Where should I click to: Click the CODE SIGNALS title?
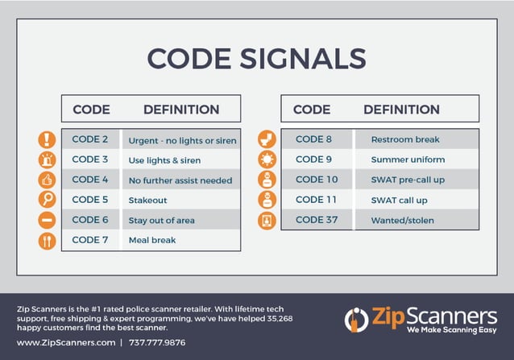click(x=256, y=58)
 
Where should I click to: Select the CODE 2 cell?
click(x=90, y=139)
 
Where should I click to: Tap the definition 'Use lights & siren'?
click(x=164, y=160)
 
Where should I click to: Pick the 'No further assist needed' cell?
click(x=180, y=180)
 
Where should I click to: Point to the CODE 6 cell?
click(x=90, y=220)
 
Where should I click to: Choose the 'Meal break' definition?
click(x=151, y=240)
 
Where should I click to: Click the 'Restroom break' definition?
click(x=405, y=139)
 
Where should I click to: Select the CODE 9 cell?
click(x=313, y=159)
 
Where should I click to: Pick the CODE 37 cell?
click(x=317, y=219)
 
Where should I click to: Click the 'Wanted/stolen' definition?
click(x=401, y=220)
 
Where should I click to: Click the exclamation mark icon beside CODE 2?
click(x=48, y=139)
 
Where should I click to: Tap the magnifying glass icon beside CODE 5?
click(x=48, y=200)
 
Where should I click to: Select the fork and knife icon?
click(x=48, y=240)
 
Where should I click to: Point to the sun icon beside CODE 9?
click(x=267, y=159)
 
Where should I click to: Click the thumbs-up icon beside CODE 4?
click(x=48, y=180)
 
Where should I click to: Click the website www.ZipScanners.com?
click(x=66, y=342)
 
